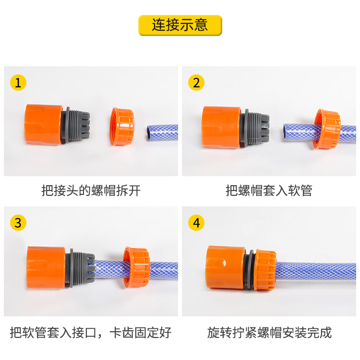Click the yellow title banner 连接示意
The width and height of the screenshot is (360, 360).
[x=180, y=25]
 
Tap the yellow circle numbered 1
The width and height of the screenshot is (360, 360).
[x=18, y=83]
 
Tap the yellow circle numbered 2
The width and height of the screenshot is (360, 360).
[x=196, y=83]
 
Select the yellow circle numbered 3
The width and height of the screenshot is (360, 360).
[x=18, y=223]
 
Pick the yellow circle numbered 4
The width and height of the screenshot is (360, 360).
[x=196, y=223]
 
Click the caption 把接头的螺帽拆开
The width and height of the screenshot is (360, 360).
[x=91, y=191]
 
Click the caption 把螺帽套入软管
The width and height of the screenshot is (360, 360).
[x=269, y=191]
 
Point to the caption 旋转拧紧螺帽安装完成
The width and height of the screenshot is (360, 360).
[x=269, y=333]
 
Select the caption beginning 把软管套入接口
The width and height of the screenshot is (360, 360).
[x=91, y=333]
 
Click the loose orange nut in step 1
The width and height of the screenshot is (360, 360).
[x=122, y=127]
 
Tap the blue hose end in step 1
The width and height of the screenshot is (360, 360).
[x=162, y=132]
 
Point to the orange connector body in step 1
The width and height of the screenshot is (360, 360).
[x=43, y=124]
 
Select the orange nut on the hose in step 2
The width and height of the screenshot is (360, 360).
[x=326, y=129]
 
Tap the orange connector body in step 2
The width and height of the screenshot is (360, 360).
[x=221, y=127]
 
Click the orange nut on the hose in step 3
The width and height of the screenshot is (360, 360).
[x=137, y=267]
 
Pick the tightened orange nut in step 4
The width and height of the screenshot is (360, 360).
[x=266, y=270]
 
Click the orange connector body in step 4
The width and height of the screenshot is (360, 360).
[x=225, y=267]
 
